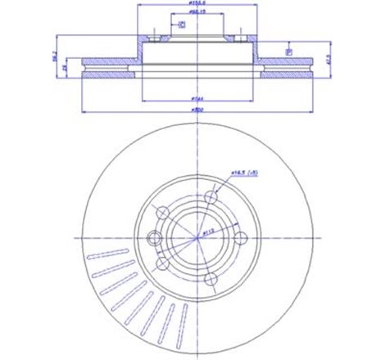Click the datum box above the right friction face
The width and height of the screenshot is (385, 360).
pyautogui.click(x=288, y=52)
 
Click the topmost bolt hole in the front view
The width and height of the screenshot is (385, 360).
pyautogui.click(x=211, y=197)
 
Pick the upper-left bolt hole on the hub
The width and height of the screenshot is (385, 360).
pyautogui.click(x=162, y=213)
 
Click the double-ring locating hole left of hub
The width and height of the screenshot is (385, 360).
pyautogui.click(x=153, y=238)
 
